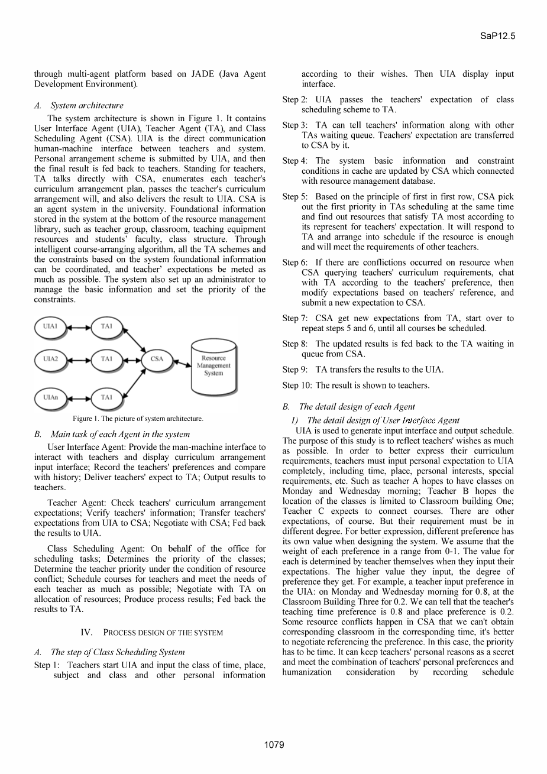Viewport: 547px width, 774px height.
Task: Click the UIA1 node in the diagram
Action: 51,326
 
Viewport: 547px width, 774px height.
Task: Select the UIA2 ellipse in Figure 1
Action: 51,359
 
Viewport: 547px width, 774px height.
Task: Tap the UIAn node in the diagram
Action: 51,397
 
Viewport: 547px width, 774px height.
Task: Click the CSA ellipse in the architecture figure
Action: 157,359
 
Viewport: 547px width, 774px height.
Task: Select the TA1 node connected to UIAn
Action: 106,397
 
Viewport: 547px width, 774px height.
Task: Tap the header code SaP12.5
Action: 503,36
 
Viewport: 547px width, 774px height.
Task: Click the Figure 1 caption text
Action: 138,419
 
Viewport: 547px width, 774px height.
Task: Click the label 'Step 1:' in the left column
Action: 47,665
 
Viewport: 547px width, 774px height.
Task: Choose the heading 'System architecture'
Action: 87,105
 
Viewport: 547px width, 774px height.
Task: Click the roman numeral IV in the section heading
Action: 86,633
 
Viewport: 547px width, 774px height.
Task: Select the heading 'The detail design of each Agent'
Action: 357,406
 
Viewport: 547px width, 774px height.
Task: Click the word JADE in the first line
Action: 202,74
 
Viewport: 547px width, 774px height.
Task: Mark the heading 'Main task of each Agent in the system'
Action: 120,434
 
